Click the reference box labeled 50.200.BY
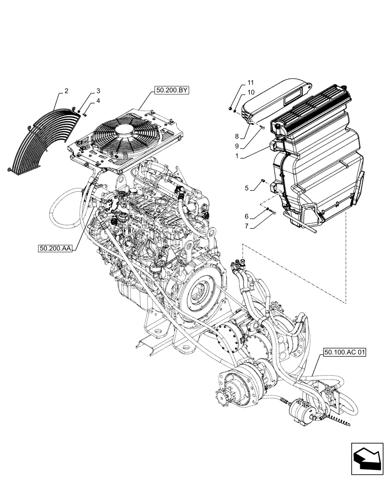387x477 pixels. click(171, 89)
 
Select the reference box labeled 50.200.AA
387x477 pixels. click(54, 248)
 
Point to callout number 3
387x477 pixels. click(98, 91)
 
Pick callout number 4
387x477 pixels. click(98, 101)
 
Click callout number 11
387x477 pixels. click(251, 83)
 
